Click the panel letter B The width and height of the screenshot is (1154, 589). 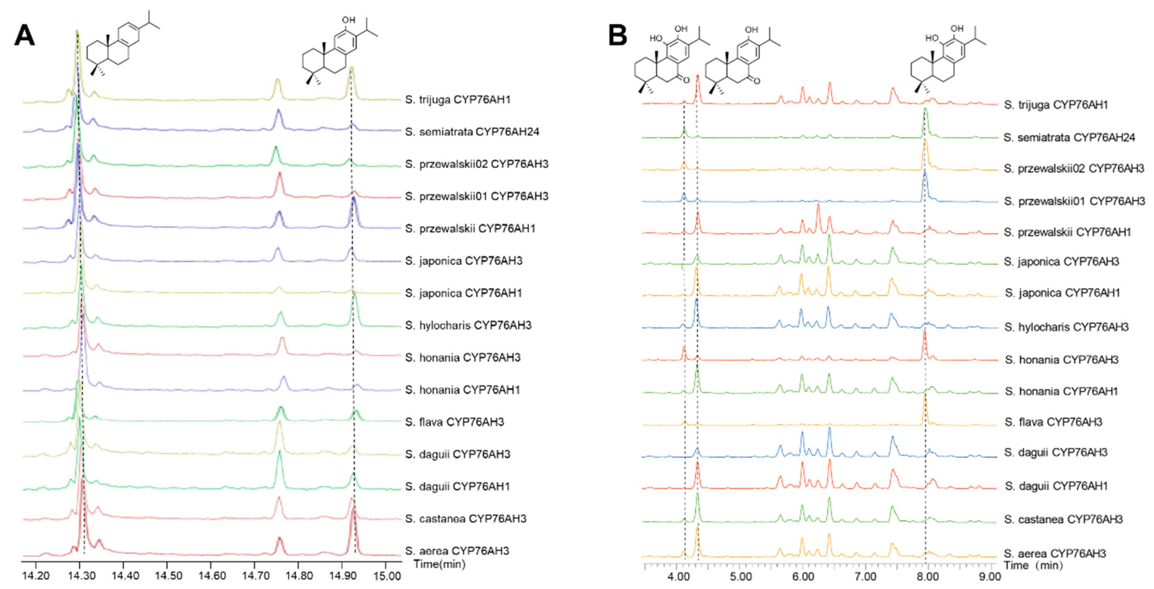point(617,35)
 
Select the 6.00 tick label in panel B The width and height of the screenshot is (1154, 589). point(803,576)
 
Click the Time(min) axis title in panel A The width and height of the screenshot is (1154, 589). point(439,564)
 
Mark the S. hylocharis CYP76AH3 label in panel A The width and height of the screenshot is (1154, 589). point(468,325)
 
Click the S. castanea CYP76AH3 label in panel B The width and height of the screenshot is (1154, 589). point(1063,519)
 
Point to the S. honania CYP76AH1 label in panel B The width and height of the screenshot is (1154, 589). point(1061,392)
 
